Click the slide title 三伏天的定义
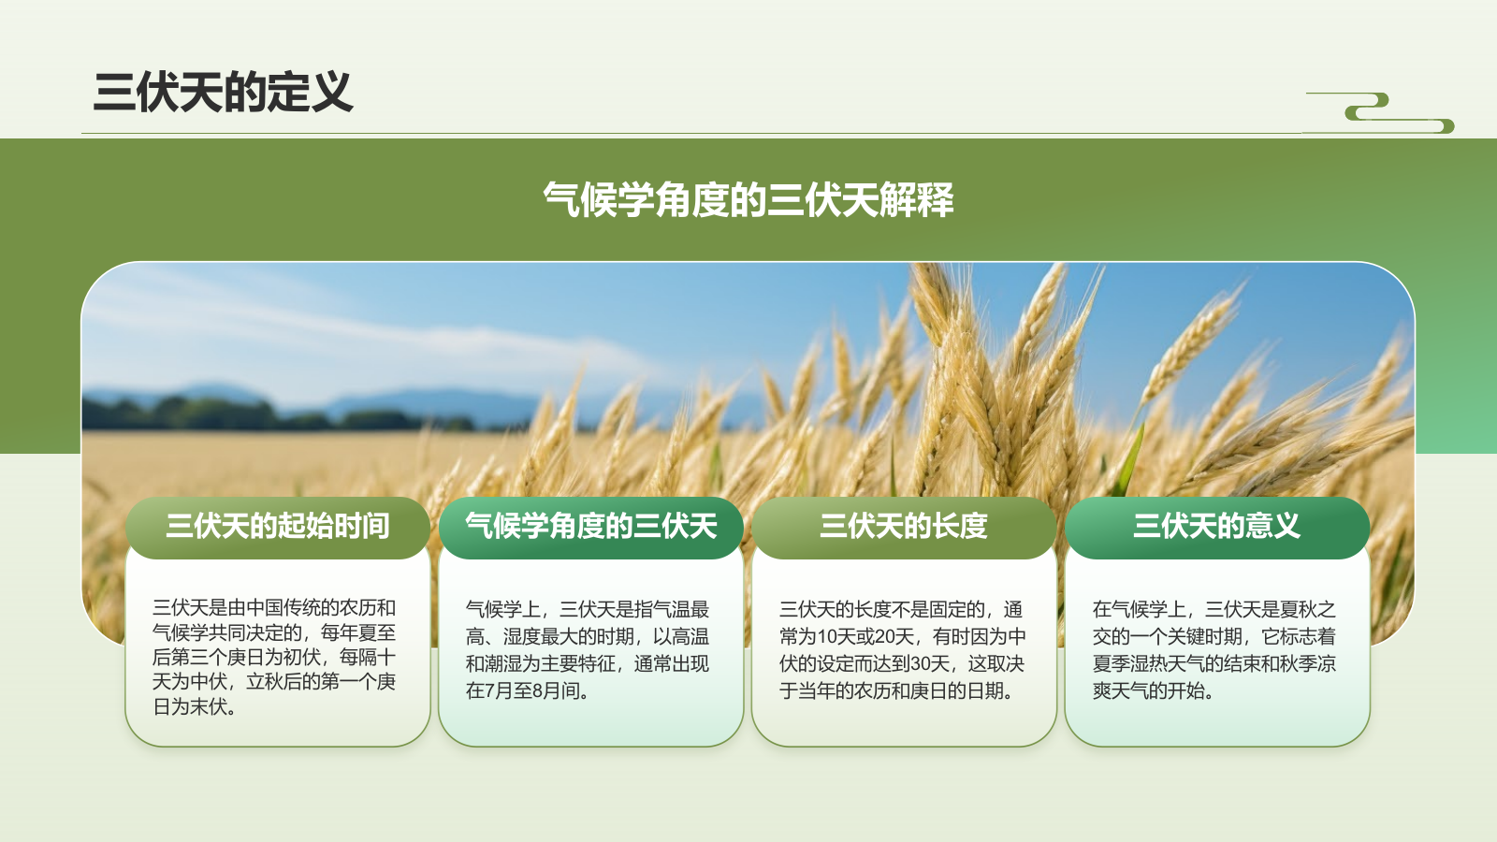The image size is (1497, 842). point(223,93)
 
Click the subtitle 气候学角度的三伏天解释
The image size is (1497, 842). point(748,200)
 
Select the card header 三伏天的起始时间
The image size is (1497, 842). point(278,527)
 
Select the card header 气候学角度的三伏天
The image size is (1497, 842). point(591,527)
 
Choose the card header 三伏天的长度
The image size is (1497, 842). point(904,527)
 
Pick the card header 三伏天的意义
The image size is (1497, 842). point(1216,527)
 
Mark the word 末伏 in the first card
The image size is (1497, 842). point(208,707)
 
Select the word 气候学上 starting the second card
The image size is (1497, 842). point(502,610)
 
